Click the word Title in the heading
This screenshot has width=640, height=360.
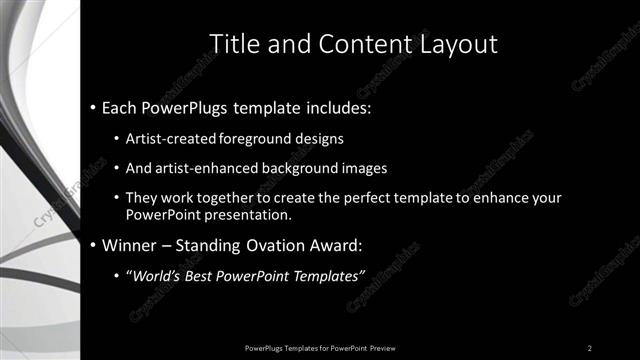pyautogui.click(x=233, y=44)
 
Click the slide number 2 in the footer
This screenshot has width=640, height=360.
pyautogui.click(x=590, y=347)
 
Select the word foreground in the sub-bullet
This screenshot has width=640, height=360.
pyautogui.click(x=252, y=138)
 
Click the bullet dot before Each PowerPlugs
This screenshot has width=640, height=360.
pyautogui.click(x=92, y=105)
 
